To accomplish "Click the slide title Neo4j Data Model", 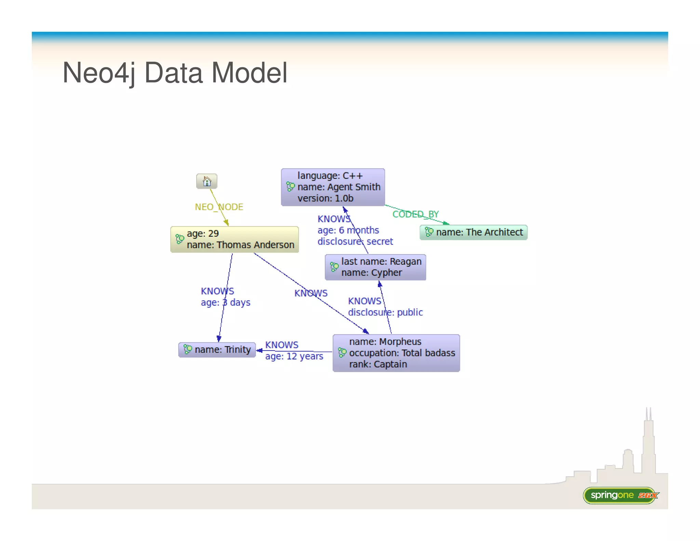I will click(175, 73).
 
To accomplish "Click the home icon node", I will click(207, 181).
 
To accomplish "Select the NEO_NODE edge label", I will click(219, 207).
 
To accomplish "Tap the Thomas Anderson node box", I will click(234, 239).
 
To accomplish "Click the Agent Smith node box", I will click(333, 187).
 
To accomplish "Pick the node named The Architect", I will click(473, 233).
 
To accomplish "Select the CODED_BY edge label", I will click(415, 214).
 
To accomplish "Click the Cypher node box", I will click(375, 267).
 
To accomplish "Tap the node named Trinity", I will click(217, 349).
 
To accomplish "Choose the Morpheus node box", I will click(396, 353).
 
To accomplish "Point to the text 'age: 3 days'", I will click(226, 303).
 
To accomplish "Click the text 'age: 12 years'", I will click(294, 356).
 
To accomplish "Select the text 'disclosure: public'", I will click(385, 312).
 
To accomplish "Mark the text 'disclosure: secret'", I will click(355, 241).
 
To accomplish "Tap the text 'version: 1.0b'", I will click(325, 198).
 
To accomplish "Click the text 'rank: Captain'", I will click(378, 364).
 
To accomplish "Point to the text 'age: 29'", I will click(203, 234).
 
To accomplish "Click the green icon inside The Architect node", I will click(429, 232).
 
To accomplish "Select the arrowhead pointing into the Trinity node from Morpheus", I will click(259, 350).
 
